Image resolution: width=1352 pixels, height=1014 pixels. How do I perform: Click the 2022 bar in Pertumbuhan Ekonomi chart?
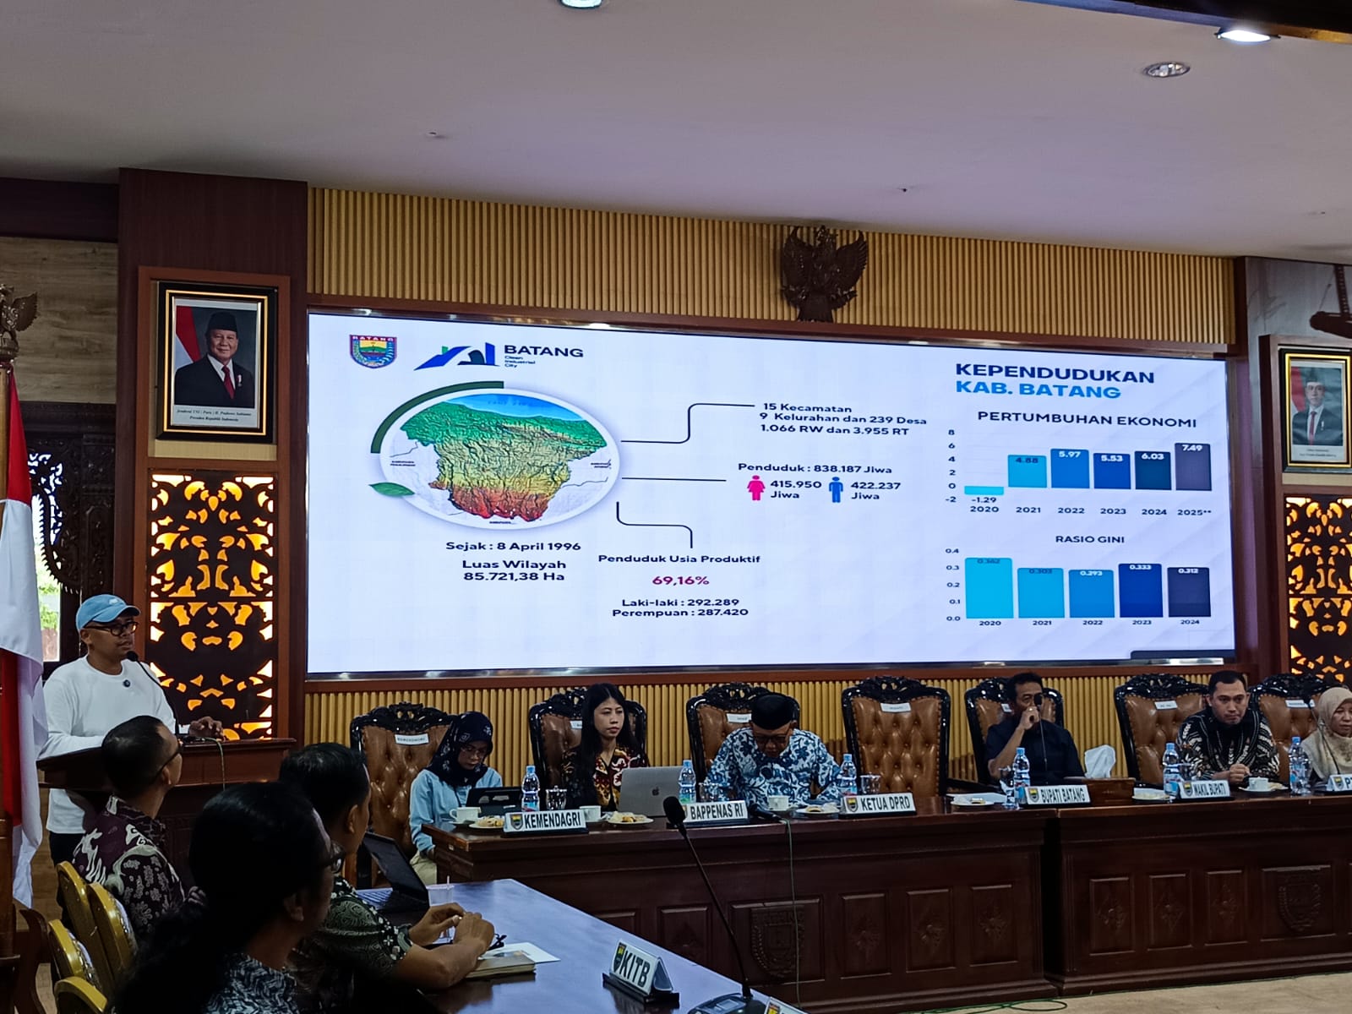pyautogui.click(x=1070, y=470)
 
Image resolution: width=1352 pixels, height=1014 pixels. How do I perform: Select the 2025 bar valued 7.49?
pyautogui.click(x=1192, y=467)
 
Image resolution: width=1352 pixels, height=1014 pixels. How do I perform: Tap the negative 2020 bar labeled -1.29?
pyautogui.click(x=984, y=490)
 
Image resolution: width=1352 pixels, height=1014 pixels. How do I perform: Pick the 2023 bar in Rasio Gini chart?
pyautogui.click(x=1140, y=591)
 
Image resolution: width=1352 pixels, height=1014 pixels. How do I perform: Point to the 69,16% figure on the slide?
pyautogui.click(x=679, y=581)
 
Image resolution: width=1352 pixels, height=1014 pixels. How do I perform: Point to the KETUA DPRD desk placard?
pyautogui.click(x=878, y=804)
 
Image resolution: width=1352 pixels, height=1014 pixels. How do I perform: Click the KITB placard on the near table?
pyautogui.click(x=640, y=962)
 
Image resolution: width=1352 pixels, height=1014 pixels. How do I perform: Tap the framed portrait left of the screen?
pyautogui.click(x=216, y=360)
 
